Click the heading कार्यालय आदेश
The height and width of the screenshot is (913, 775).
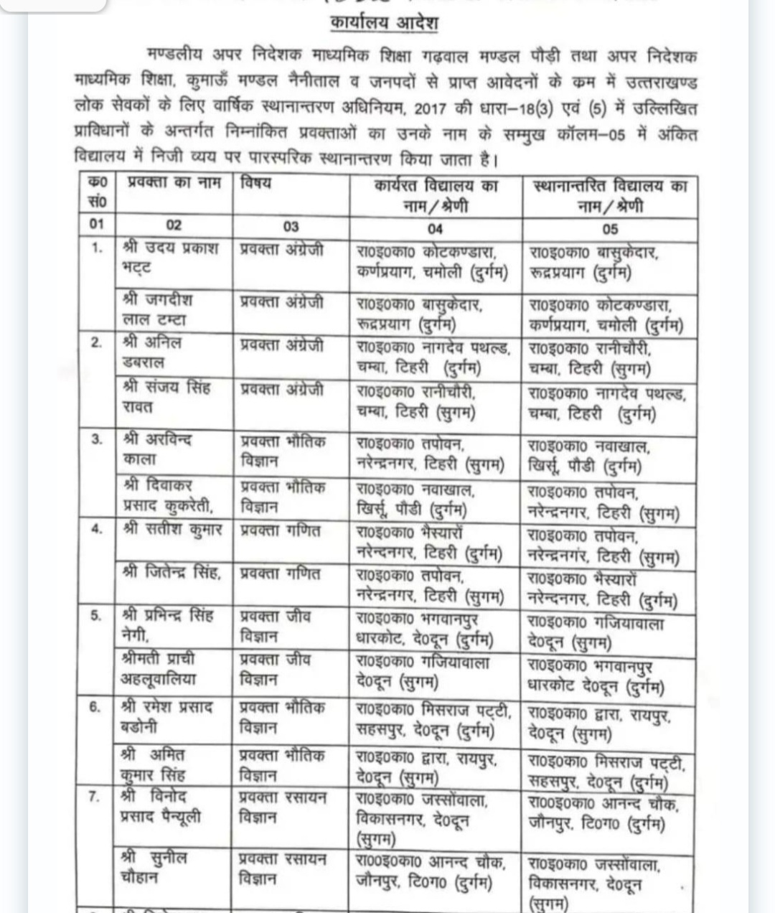[x=384, y=23]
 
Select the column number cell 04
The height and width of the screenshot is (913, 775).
[x=435, y=228]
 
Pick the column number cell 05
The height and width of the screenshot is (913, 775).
[x=609, y=228]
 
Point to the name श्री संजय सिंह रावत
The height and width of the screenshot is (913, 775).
[x=167, y=397]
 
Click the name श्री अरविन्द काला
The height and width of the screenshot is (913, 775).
[x=157, y=449]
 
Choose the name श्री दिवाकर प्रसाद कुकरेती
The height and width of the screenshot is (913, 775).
[x=168, y=496]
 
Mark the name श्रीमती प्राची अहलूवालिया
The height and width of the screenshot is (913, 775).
[x=159, y=668]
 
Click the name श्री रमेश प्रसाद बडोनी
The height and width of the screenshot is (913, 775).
[x=167, y=716]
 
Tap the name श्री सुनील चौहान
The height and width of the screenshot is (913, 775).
[x=155, y=867]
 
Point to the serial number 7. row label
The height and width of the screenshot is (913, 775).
[x=95, y=797]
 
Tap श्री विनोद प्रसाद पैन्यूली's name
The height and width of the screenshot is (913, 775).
[x=161, y=807]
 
